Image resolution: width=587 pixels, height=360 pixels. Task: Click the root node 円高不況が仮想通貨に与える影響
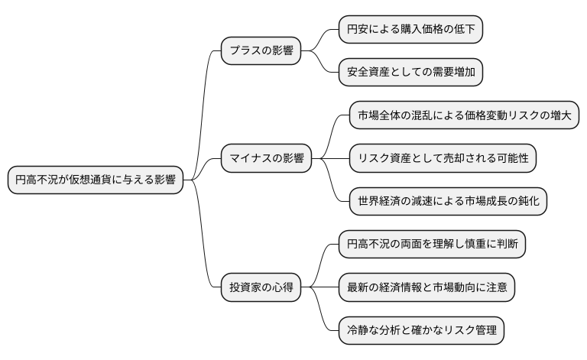(x=96, y=181)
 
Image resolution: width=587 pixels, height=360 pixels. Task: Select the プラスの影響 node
(x=260, y=51)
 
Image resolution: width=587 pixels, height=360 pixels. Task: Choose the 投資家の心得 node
(x=261, y=288)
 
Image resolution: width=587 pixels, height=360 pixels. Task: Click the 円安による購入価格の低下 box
(x=411, y=30)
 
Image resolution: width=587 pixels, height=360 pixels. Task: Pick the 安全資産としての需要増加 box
(x=411, y=73)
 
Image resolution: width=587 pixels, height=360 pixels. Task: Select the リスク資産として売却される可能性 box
(x=443, y=159)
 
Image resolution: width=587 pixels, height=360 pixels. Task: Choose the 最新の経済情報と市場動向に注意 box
(x=426, y=288)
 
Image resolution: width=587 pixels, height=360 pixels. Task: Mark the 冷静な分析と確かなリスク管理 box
(x=421, y=331)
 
